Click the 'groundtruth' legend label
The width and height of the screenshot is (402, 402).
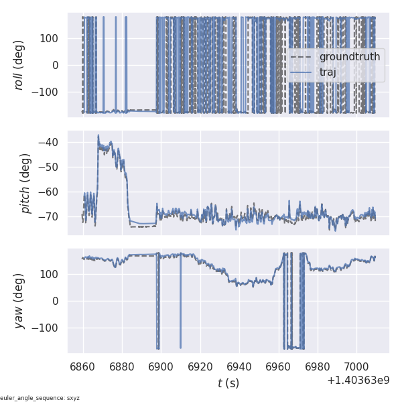click(x=349, y=57)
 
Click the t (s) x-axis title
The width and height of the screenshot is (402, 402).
click(x=228, y=383)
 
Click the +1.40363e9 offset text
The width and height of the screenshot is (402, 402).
click(x=358, y=381)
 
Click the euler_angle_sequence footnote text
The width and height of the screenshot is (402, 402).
click(x=40, y=398)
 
